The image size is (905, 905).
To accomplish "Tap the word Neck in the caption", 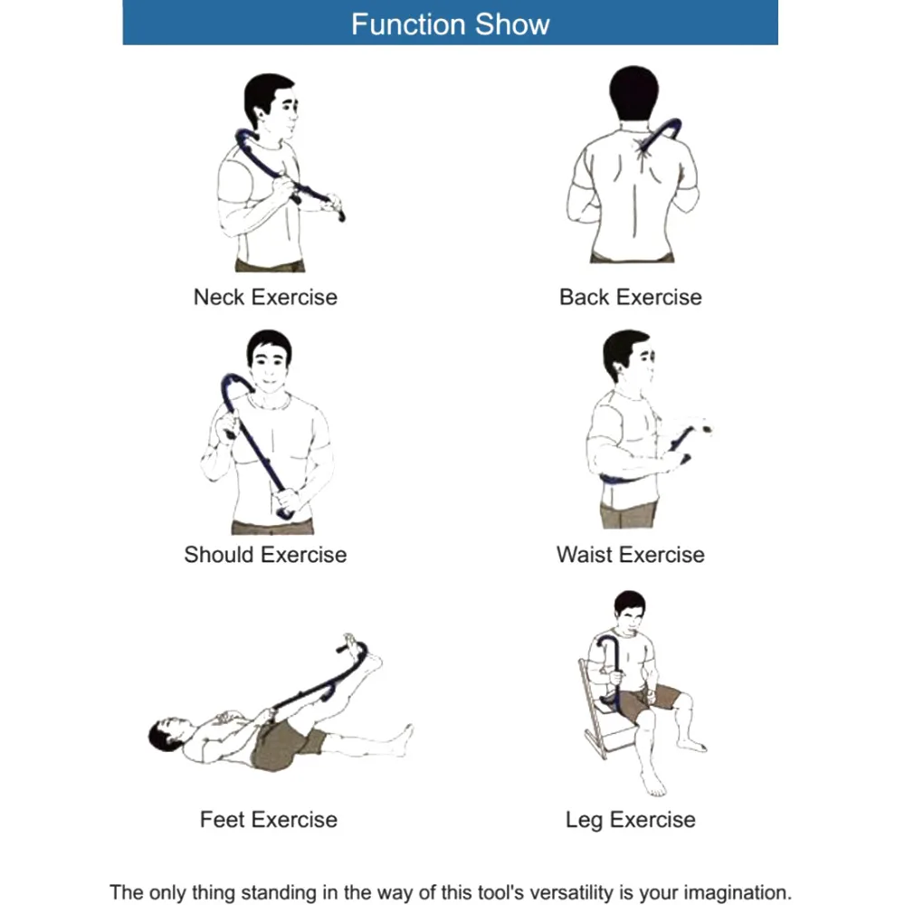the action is (219, 297).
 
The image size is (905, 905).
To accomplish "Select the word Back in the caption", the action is (584, 297).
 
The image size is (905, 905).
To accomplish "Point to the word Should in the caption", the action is (220, 555).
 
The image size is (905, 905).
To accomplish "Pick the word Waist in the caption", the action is (584, 555).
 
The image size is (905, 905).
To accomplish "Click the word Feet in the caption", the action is (222, 820).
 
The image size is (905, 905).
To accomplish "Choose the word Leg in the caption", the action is (584, 821).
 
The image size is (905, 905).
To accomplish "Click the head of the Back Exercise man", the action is (633, 93).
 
